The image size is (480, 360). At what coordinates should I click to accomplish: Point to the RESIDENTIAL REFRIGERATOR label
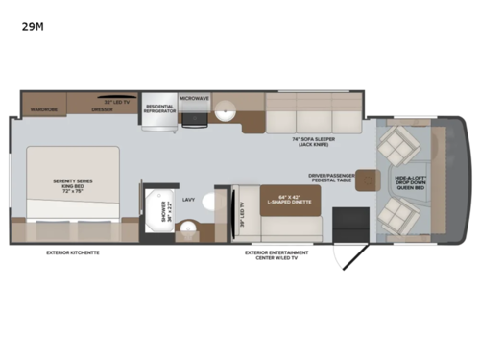tap(160, 108)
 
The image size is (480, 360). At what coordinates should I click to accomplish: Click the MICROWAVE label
tap(194, 97)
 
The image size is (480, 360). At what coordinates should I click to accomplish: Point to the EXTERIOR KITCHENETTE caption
tap(73, 253)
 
